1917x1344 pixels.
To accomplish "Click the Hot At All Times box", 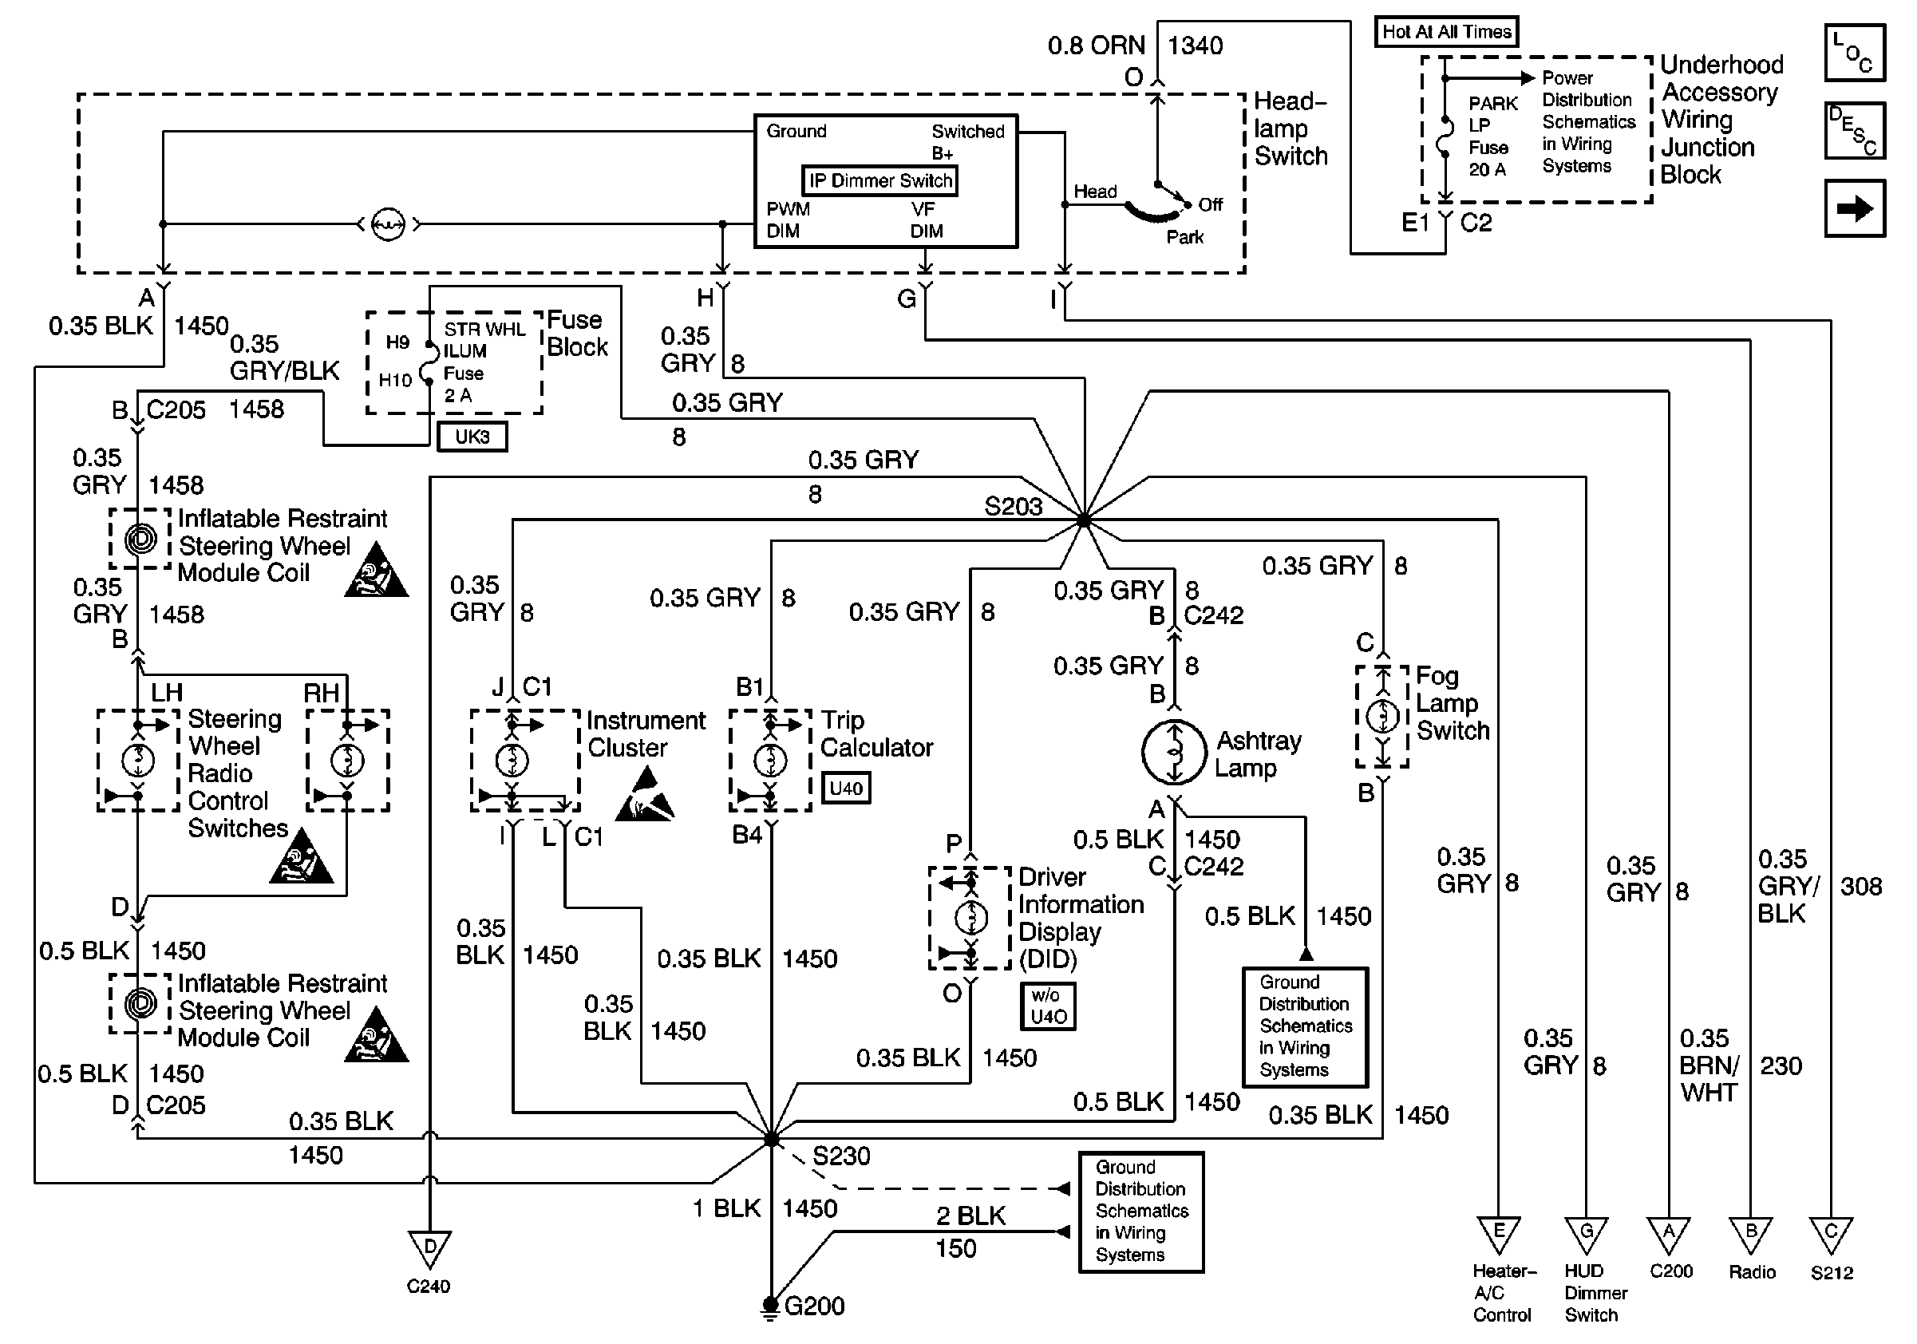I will click(1446, 32).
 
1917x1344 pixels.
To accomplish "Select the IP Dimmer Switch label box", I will click(880, 180).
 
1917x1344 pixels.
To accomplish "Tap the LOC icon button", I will click(1855, 53).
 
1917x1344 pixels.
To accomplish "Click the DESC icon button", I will click(1855, 131).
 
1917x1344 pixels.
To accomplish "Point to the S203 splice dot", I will click(1084, 520).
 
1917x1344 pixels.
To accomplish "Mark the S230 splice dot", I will click(772, 1139).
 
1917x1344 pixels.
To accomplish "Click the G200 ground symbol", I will click(770, 1306).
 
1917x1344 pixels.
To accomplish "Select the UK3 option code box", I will click(472, 437).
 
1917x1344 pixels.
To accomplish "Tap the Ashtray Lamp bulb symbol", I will click(1174, 752).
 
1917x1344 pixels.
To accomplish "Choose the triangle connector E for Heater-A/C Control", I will click(1499, 1234).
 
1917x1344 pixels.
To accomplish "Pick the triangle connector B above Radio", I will click(1751, 1234).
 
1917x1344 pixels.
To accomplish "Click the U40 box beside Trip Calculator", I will click(846, 788).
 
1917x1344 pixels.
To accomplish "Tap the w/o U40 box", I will click(1048, 1006).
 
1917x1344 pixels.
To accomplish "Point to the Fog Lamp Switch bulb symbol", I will click(1382, 715).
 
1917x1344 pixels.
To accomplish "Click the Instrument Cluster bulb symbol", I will click(512, 760).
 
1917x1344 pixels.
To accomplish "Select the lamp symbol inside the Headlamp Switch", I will click(388, 223).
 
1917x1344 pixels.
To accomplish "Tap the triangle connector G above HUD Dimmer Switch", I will click(1586, 1234).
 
